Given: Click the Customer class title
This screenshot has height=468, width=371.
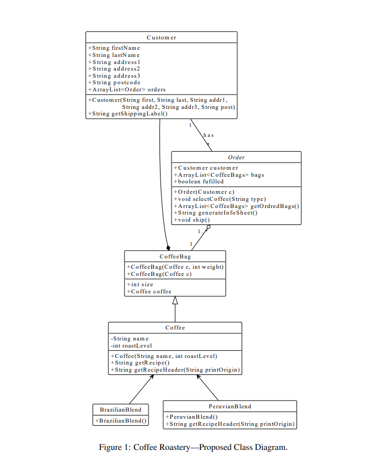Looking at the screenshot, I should (x=161, y=37).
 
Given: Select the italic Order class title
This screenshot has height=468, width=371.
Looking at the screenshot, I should (x=236, y=157).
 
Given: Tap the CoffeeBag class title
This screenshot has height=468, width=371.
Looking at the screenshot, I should (x=175, y=256).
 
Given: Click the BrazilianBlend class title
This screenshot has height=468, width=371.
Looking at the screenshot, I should (x=121, y=409).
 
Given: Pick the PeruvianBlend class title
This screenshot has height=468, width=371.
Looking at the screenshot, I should (x=230, y=406).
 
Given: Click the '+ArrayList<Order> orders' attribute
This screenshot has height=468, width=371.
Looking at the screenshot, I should (x=127, y=89).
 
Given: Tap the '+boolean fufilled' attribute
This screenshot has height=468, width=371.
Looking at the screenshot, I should (x=198, y=181).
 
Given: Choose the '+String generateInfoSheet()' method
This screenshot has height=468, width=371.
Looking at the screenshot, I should (x=215, y=212).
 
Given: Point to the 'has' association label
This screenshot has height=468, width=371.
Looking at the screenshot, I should (x=208, y=135).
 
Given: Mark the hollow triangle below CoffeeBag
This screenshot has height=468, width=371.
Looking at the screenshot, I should (x=175, y=301).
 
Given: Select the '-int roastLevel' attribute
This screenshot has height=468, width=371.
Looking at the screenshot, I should (x=131, y=345).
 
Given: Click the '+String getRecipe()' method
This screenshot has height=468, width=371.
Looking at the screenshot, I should (x=140, y=362).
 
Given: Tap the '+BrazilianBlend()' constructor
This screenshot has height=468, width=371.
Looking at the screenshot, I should (x=121, y=421).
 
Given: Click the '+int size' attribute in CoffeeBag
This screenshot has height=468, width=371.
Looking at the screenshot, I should (x=140, y=285).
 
